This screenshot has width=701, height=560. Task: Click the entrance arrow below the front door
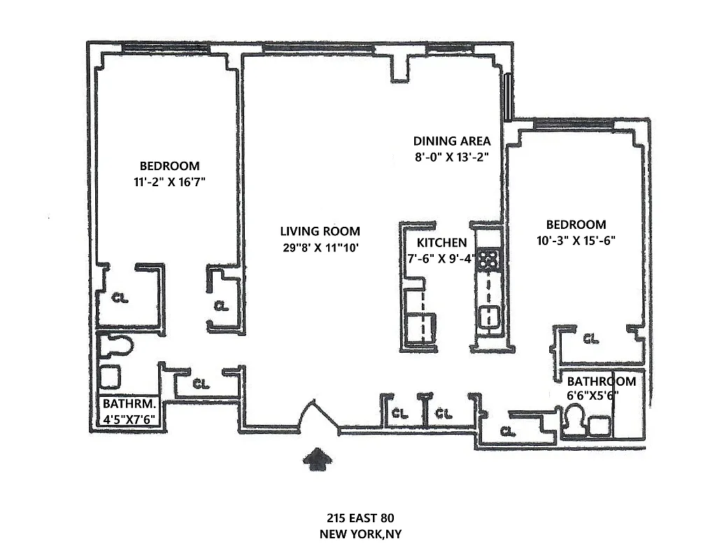[x=318, y=461]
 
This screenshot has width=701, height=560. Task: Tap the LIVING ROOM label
[x=320, y=231]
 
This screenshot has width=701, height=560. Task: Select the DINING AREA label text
[x=451, y=141]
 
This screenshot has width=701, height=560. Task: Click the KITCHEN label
[x=441, y=243]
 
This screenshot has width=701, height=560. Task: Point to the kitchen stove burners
[x=488, y=260]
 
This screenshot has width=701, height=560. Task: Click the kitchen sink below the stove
[x=488, y=315]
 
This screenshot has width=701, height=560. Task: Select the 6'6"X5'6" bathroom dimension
[x=593, y=395]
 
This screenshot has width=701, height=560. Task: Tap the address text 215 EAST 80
[x=360, y=519]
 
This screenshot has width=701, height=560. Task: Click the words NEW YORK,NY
[x=360, y=534]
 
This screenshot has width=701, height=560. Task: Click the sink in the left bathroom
[x=111, y=377]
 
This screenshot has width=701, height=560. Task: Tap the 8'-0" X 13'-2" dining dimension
[x=451, y=157]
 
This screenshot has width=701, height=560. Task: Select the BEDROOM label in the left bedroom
[x=169, y=166]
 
